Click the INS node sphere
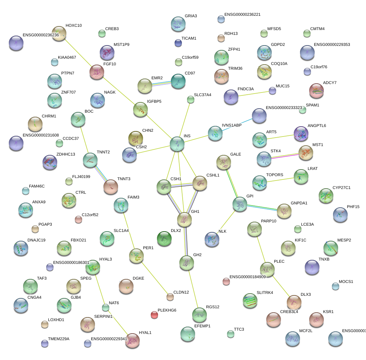pos(177,144)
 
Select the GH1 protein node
pos(184,219)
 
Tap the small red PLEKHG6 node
pos(154,314)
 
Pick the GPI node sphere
pos(240,204)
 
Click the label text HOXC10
pos(74,26)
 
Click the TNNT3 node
pos(111,187)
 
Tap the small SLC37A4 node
pos(191,99)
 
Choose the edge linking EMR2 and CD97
pos(162,83)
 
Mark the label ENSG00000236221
pos(242,15)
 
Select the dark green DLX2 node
pos(164,239)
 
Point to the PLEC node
pos(267,269)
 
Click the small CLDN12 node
pos(170,297)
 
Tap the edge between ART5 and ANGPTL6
pos(281,137)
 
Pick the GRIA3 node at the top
pos(178,24)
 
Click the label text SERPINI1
pos(103,316)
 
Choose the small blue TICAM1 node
pos(178,43)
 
